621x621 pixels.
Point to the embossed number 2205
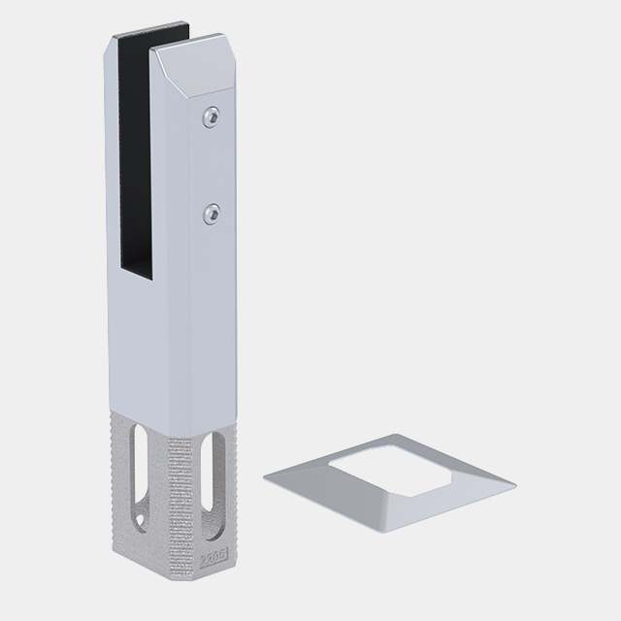click(x=213, y=558)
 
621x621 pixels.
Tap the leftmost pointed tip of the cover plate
click(x=265, y=475)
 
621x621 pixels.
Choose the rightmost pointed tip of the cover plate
click(x=514, y=483)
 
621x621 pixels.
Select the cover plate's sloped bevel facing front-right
click(x=456, y=501)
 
